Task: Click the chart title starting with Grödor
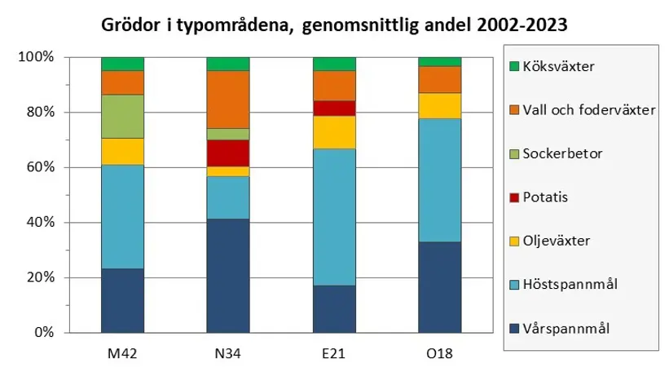333,24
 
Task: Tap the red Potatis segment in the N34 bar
228,153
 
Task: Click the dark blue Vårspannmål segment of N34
228,275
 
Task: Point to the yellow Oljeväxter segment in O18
439,105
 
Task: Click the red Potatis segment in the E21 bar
334,109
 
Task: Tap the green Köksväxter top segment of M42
122,64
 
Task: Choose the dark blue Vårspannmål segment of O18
439,286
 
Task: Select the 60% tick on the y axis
39,167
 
